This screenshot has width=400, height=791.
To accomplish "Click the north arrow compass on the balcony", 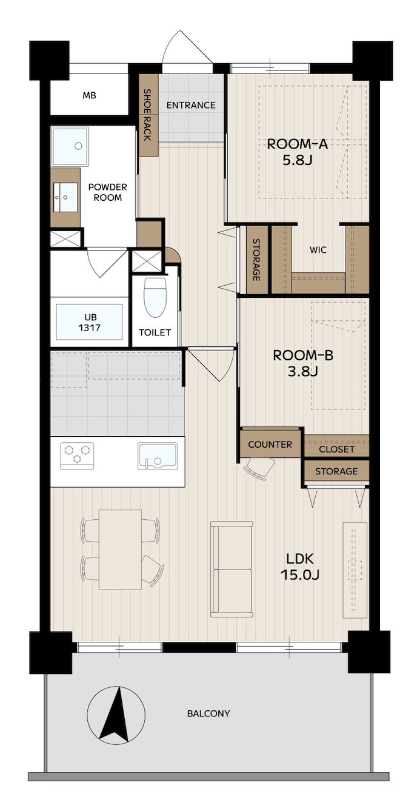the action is click(116, 714).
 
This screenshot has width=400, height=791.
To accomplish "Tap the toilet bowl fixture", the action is click(155, 297).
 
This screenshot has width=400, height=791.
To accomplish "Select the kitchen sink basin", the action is click(157, 456).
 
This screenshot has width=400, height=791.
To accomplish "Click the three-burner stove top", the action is click(77, 456).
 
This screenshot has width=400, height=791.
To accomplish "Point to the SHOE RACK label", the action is click(147, 115).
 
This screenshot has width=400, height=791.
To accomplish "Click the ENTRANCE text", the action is click(191, 105).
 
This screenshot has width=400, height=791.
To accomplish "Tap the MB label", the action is click(89, 95).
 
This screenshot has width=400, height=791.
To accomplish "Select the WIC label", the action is click(318, 250).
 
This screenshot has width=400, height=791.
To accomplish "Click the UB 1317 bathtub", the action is click(89, 322).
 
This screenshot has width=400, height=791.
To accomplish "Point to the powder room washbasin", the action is click(65, 197).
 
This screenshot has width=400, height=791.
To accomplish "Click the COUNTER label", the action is click(270, 445).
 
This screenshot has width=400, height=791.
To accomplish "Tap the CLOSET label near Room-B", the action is click(336, 449).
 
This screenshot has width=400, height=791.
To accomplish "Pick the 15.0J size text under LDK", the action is click(300, 575).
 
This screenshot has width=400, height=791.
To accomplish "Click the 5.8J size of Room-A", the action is click(297, 160).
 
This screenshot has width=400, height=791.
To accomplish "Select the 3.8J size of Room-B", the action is click(302, 371).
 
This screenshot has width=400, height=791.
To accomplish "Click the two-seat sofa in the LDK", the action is click(232, 568).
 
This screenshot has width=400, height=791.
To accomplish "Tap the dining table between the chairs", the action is click(120, 549).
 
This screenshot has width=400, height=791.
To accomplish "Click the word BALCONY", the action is click(208, 714).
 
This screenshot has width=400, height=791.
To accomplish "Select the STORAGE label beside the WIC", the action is click(256, 260).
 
